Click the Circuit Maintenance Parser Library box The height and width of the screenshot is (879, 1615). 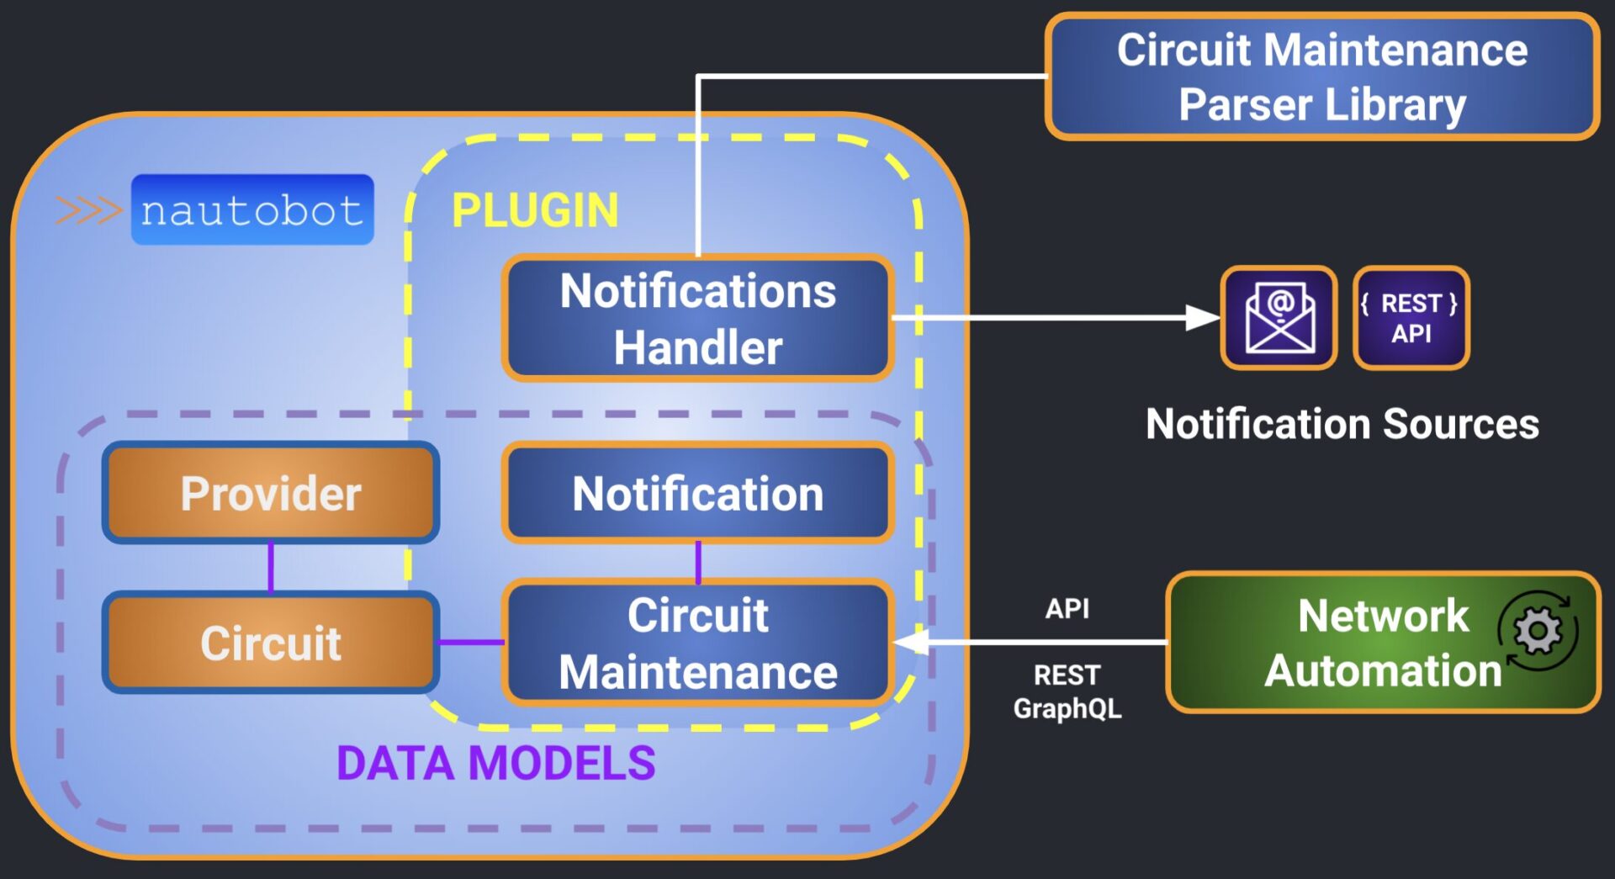[x=1321, y=77]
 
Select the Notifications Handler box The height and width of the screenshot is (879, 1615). [x=697, y=319]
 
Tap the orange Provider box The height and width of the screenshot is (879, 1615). [x=270, y=493]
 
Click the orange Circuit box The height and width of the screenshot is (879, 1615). [x=270, y=643]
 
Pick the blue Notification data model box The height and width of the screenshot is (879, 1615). [x=697, y=493]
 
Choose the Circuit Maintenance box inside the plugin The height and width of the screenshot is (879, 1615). [x=697, y=643]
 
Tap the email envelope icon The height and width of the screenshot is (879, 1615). [x=1279, y=318]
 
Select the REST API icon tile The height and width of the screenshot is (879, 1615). [x=1411, y=318]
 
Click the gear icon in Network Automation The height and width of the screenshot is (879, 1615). [x=1538, y=631]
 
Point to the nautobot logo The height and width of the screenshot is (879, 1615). [x=252, y=210]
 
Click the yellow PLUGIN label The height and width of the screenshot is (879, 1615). [x=535, y=210]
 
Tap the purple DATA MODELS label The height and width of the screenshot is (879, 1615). [x=495, y=763]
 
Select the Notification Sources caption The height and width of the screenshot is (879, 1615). [x=1342, y=424]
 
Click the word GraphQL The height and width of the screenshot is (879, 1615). [x=1067, y=708]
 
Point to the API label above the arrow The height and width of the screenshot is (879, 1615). [x=1067, y=608]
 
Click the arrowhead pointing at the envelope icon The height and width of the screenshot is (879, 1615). [x=1203, y=318]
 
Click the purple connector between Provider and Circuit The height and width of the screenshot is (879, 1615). [x=271, y=568]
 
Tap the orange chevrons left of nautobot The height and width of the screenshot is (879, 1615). [x=88, y=210]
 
